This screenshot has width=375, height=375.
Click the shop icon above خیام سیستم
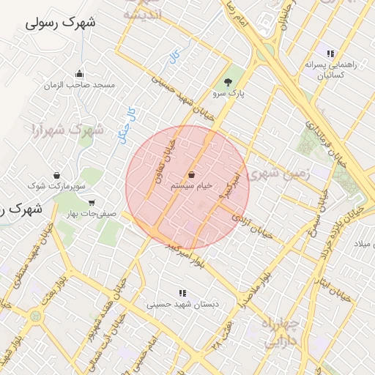191,174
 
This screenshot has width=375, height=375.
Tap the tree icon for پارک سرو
228,81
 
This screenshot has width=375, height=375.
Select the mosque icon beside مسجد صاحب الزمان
79,73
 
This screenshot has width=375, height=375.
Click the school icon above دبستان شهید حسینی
182,293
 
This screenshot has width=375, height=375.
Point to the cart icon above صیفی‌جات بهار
92,202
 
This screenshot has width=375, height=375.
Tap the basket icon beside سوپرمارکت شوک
56,175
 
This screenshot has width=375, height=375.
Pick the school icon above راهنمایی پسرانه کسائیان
331,53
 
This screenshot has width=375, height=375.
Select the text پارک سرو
229,94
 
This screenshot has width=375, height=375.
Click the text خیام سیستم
192,186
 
